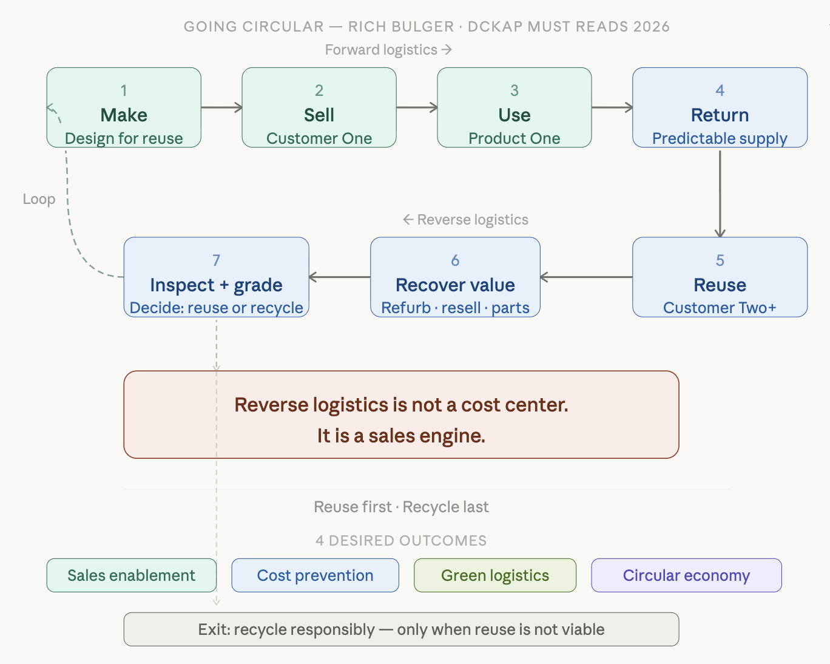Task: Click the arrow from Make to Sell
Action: [221, 108]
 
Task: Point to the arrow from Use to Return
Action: [612, 108]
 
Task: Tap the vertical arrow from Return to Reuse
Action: [720, 192]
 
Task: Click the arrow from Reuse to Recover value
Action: [586, 277]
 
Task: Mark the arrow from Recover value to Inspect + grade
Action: [340, 277]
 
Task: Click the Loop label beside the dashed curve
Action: [39, 199]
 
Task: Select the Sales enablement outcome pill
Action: [132, 575]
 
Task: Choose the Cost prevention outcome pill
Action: [315, 575]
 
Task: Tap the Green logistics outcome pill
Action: [495, 575]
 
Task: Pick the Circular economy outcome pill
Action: [686, 575]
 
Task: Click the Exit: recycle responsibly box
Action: [401, 629]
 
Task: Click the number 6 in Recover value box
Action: [455, 260]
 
